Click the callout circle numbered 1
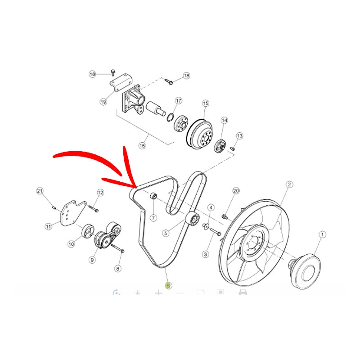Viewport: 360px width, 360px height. (x=322, y=234)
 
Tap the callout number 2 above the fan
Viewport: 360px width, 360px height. (x=289, y=184)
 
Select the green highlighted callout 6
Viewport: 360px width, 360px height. (x=168, y=286)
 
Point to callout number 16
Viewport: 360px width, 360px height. (x=142, y=145)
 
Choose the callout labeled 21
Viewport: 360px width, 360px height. (x=40, y=191)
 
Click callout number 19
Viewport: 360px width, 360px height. (x=103, y=102)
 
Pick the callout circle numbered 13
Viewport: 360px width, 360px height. (x=239, y=136)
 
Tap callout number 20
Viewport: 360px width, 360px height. (x=236, y=191)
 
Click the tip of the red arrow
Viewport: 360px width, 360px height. (x=137, y=188)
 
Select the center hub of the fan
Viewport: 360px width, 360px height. (x=252, y=243)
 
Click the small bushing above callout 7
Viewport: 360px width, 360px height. (x=153, y=196)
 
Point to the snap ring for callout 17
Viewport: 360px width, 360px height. (x=170, y=117)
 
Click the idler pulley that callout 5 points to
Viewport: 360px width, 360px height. (x=193, y=219)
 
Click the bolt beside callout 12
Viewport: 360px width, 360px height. (x=94, y=208)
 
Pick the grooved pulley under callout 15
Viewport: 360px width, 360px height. (x=199, y=134)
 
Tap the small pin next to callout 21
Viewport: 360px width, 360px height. (x=54, y=207)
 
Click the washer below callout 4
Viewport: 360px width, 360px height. (x=206, y=226)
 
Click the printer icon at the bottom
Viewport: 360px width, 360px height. (x=243, y=292)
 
